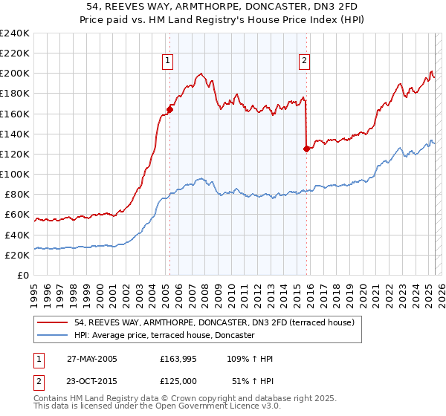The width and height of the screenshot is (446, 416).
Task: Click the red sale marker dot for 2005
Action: tap(169, 109)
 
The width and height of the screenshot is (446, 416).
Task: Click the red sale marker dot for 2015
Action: tap(306, 149)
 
